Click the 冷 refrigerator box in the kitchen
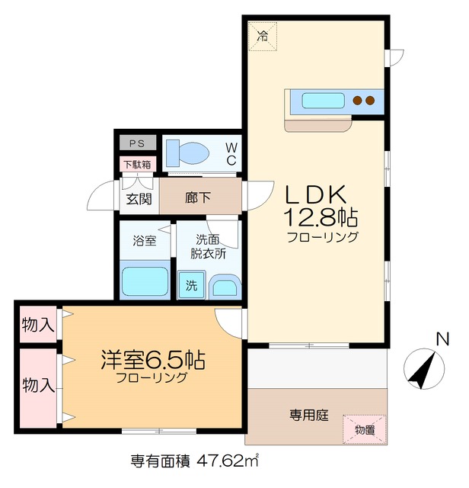263,34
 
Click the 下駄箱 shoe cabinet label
137,164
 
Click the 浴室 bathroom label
145,241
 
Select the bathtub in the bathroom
145,281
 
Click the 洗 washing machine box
190,286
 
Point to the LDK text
317,194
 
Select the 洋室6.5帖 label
152,358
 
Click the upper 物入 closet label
37,325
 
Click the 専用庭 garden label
308,416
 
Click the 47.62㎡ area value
228,461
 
